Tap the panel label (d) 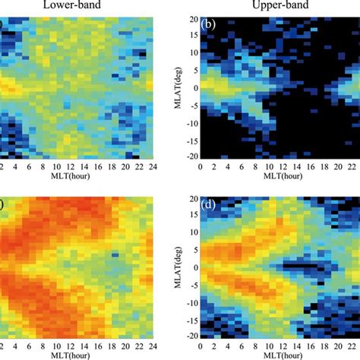[207, 204]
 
